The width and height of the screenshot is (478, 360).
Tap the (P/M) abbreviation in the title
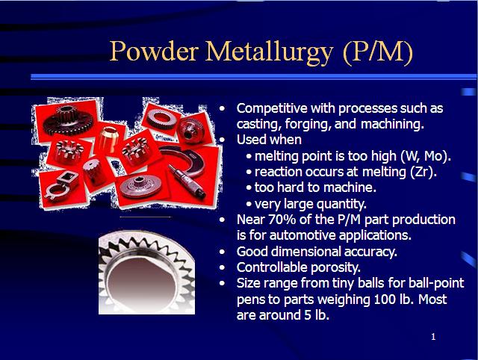[377, 52]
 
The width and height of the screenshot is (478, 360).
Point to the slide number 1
[432, 337]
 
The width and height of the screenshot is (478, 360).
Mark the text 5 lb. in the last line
[313, 315]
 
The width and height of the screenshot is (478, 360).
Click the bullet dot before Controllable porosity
[223, 267]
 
